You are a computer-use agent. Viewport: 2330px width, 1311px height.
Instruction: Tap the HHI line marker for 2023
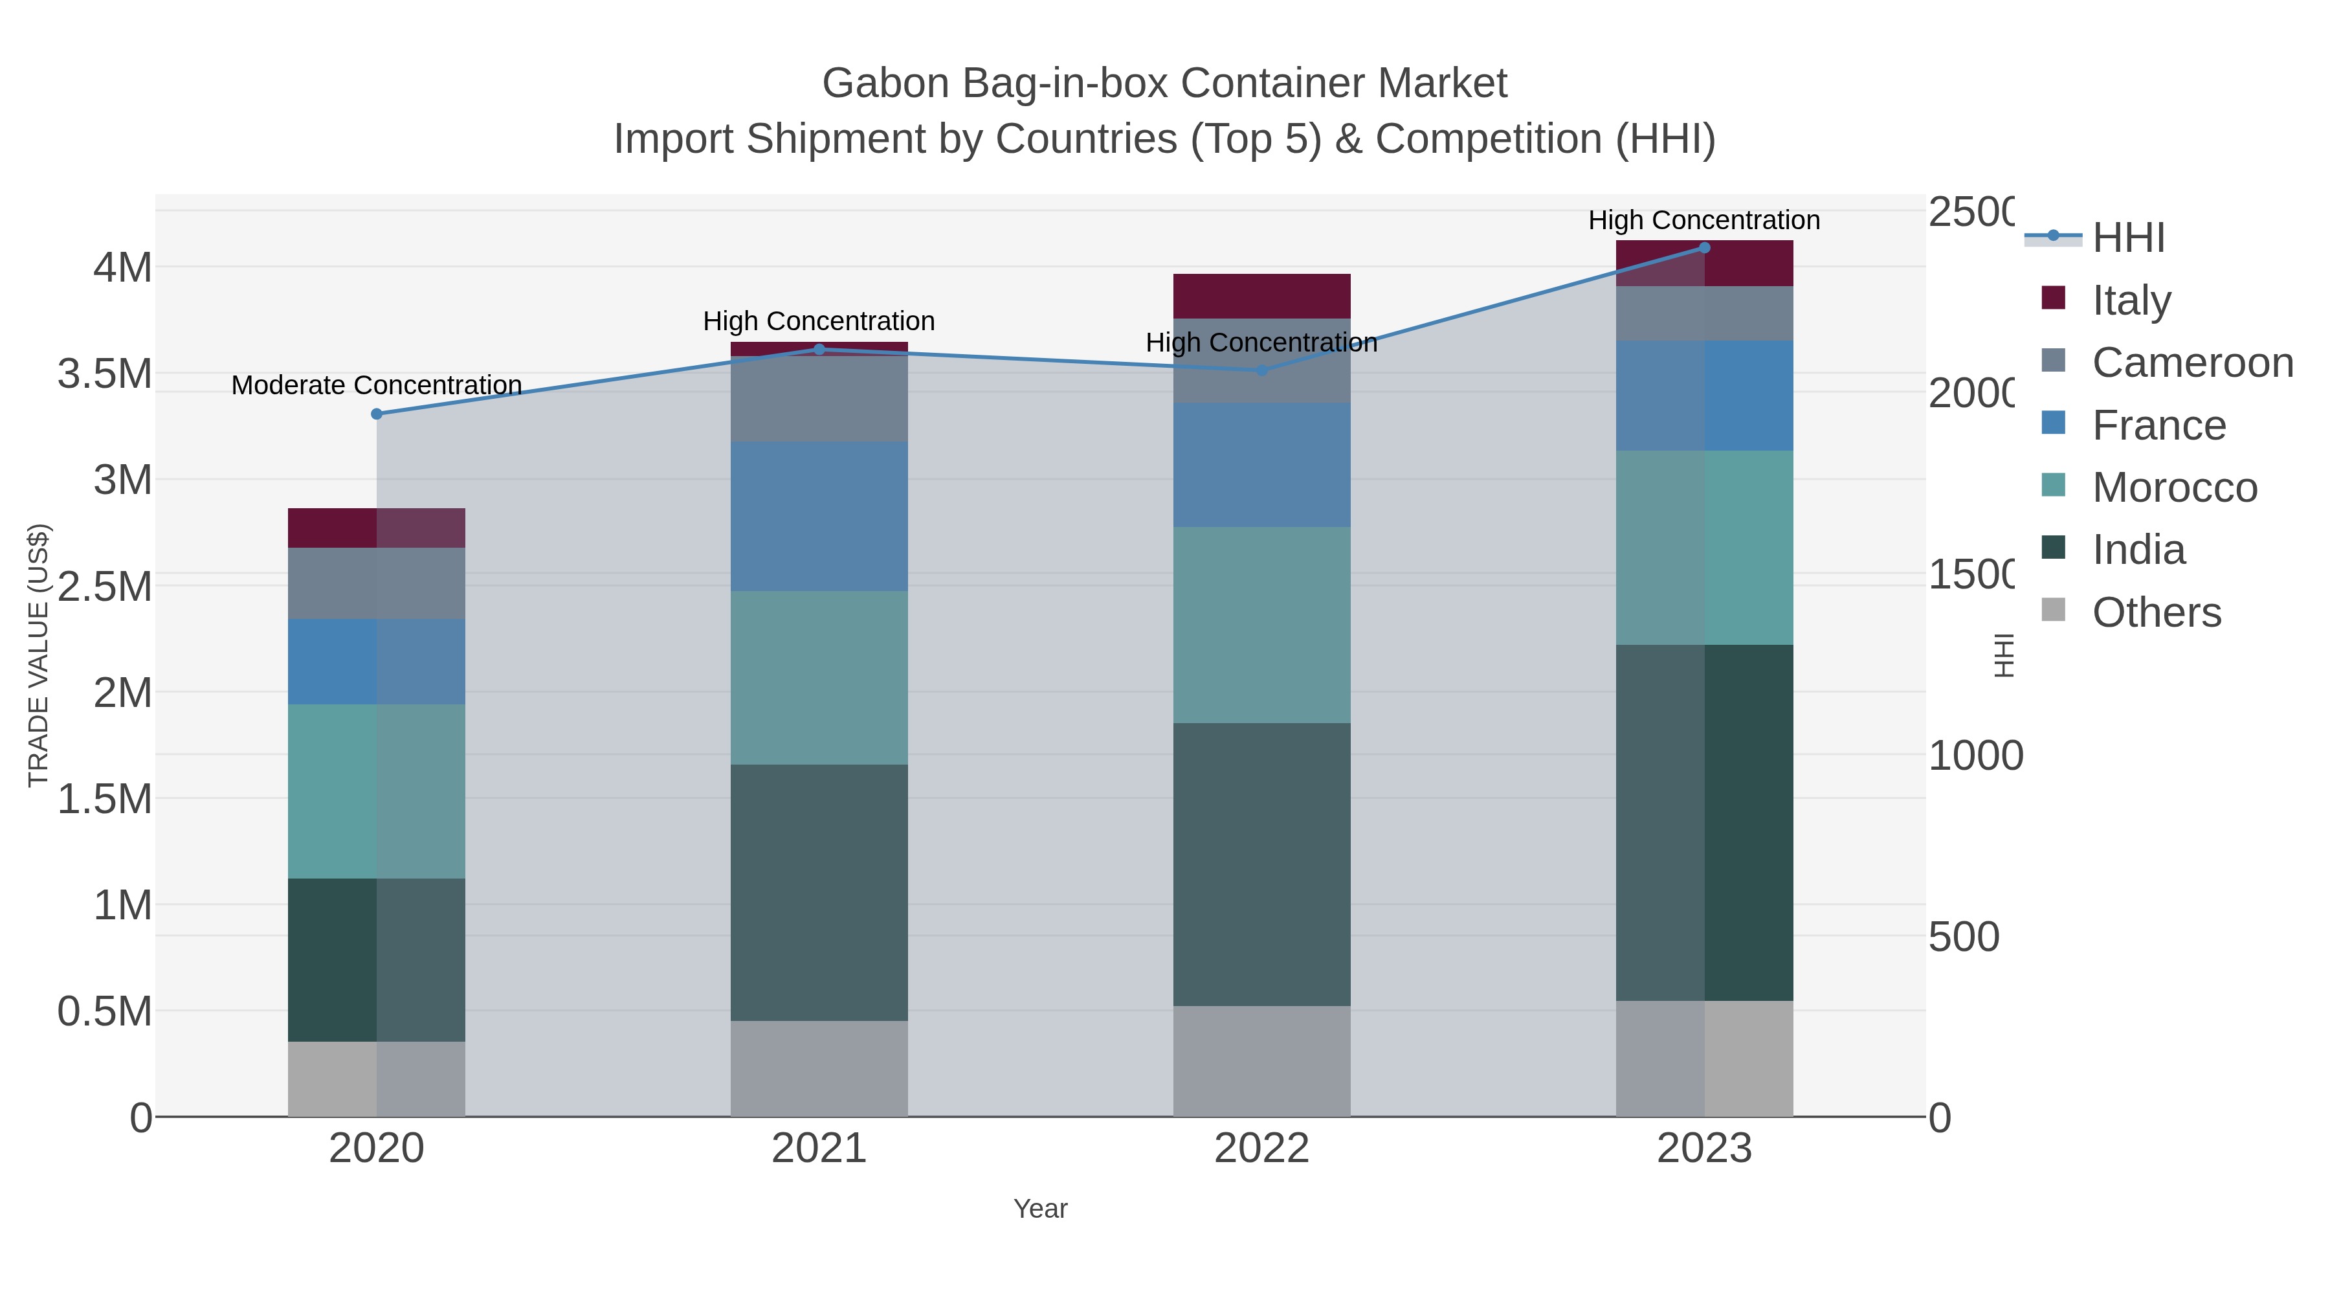tap(1704, 248)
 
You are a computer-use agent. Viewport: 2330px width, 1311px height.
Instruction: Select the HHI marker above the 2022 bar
tap(1262, 370)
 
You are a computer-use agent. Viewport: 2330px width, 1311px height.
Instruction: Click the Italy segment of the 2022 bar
tap(1262, 296)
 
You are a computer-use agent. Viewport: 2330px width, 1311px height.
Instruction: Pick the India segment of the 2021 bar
tap(819, 892)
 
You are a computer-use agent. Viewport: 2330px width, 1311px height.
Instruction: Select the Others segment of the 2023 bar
tap(1704, 1059)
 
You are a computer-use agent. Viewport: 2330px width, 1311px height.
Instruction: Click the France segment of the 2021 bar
tap(819, 516)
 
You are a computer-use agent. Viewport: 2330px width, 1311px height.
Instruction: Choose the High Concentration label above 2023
tap(1704, 221)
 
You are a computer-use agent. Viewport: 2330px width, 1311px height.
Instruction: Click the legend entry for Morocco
tap(2175, 487)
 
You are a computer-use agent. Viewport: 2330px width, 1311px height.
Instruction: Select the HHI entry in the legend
tap(2128, 238)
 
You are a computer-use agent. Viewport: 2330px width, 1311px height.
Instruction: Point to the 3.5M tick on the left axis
tap(105, 374)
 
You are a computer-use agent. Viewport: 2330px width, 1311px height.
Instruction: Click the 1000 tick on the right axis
tap(1975, 756)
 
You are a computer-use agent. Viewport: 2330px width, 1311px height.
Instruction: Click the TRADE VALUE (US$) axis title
tap(38, 655)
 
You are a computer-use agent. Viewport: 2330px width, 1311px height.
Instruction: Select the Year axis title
tap(1040, 1209)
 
